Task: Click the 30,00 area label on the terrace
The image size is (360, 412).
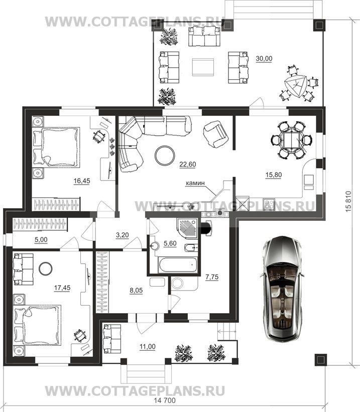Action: (264, 59)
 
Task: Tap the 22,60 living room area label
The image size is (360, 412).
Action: (187, 164)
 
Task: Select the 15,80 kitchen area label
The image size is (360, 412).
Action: (274, 175)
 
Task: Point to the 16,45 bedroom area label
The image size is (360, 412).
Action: (82, 181)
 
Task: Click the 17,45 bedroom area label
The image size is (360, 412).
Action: (62, 288)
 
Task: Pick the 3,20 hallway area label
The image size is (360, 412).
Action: (123, 235)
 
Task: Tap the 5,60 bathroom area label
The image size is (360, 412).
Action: (170, 243)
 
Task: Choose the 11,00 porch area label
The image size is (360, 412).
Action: (148, 347)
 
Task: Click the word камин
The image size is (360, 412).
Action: (195, 183)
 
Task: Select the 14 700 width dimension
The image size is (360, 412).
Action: (165, 400)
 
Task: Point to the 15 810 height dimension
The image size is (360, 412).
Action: (348, 202)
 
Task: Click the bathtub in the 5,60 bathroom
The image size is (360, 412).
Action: (178, 265)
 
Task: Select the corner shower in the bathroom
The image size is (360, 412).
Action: (188, 228)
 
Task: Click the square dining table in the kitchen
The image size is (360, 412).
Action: (291, 140)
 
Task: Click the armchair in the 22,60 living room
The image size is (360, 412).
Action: (216, 134)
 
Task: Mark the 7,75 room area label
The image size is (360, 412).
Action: (212, 277)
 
